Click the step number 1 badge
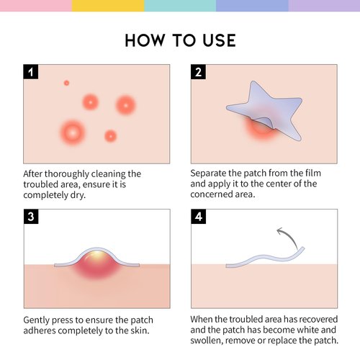click(31, 72)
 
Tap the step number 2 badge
click(198, 72)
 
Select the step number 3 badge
click(31, 217)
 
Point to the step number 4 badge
click(198, 217)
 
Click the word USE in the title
click(217, 40)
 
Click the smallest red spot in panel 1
click(66, 83)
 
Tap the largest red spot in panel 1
click(71, 131)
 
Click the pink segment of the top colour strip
click(36, 6)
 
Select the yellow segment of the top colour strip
click(108, 6)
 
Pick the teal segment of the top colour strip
click(180, 6)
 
